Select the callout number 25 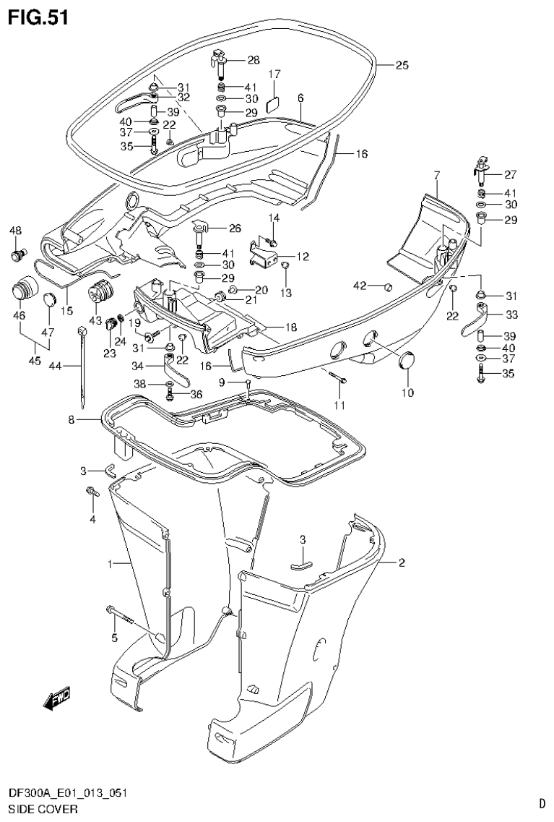(402, 65)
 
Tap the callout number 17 (274, 74)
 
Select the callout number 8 (71, 419)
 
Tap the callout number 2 (402, 562)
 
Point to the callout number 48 (14, 231)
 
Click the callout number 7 (437, 175)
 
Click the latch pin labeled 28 (219, 61)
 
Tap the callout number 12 (302, 257)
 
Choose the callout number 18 (290, 327)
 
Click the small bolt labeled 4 (92, 493)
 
